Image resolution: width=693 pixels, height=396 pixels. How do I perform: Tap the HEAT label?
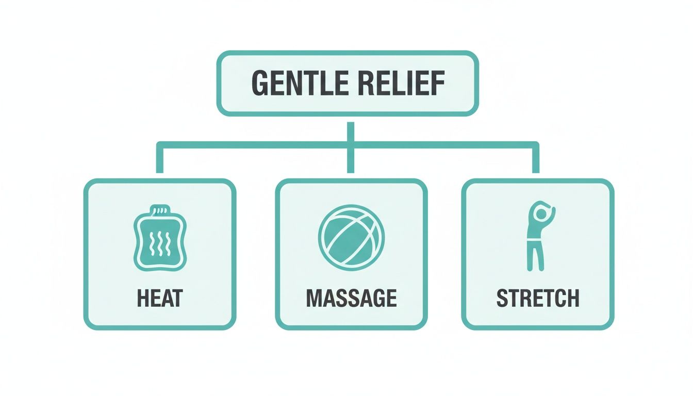coord(160,298)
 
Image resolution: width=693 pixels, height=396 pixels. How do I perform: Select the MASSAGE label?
coord(352,298)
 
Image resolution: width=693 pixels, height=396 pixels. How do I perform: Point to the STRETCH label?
coord(537,298)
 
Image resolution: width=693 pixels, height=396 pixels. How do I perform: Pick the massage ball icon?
coord(351,238)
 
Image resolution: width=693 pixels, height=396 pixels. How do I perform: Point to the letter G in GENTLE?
coord(260,84)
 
